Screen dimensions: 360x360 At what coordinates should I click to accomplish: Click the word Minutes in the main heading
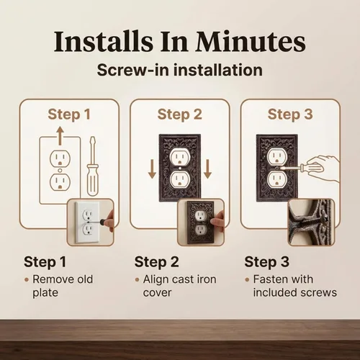click(250, 41)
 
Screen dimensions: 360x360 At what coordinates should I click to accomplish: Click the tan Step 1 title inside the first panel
click(69, 114)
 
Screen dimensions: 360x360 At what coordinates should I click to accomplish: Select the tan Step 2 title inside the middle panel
click(180, 114)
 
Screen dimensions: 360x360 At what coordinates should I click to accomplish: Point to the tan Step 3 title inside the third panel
click(290, 114)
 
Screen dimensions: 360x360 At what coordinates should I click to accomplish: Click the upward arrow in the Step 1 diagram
click(60, 136)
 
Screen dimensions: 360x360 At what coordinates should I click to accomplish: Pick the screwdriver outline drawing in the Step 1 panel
click(93, 166)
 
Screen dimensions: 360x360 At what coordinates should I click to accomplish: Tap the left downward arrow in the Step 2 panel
click(152, 169)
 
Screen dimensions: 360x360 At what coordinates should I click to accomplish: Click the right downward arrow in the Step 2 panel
click(207, 169)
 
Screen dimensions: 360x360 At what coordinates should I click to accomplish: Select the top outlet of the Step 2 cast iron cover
click(180, 156)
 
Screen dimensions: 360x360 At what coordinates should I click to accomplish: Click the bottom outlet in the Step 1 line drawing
click(60, 182)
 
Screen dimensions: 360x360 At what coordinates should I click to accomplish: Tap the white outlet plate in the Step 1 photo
click(87, 222)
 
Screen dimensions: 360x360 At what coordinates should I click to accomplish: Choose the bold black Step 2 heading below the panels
click(156, 261)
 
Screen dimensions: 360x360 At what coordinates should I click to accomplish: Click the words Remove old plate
click(63, 286)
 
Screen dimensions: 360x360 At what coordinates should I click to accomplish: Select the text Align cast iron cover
click(179, 286)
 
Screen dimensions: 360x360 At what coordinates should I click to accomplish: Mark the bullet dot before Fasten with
click(247, 279)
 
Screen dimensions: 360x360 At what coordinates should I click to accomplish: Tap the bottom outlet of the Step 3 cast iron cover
click(277, 179)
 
